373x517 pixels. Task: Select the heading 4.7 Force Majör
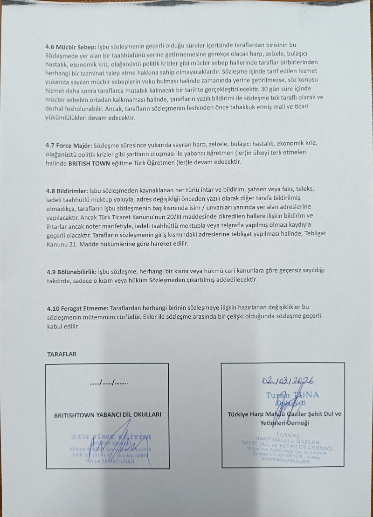(x=69, y=144)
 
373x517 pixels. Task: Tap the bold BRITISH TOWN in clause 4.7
(x=92, y=163)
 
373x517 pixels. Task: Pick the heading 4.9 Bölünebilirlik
(x=71, y=271)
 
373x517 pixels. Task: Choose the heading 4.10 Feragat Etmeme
(x=77, y=308)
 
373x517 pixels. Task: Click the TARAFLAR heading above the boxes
(x=62, y=354)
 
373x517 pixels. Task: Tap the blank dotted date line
(x=109, y=383)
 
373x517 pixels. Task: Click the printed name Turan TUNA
(x=292, y=395)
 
